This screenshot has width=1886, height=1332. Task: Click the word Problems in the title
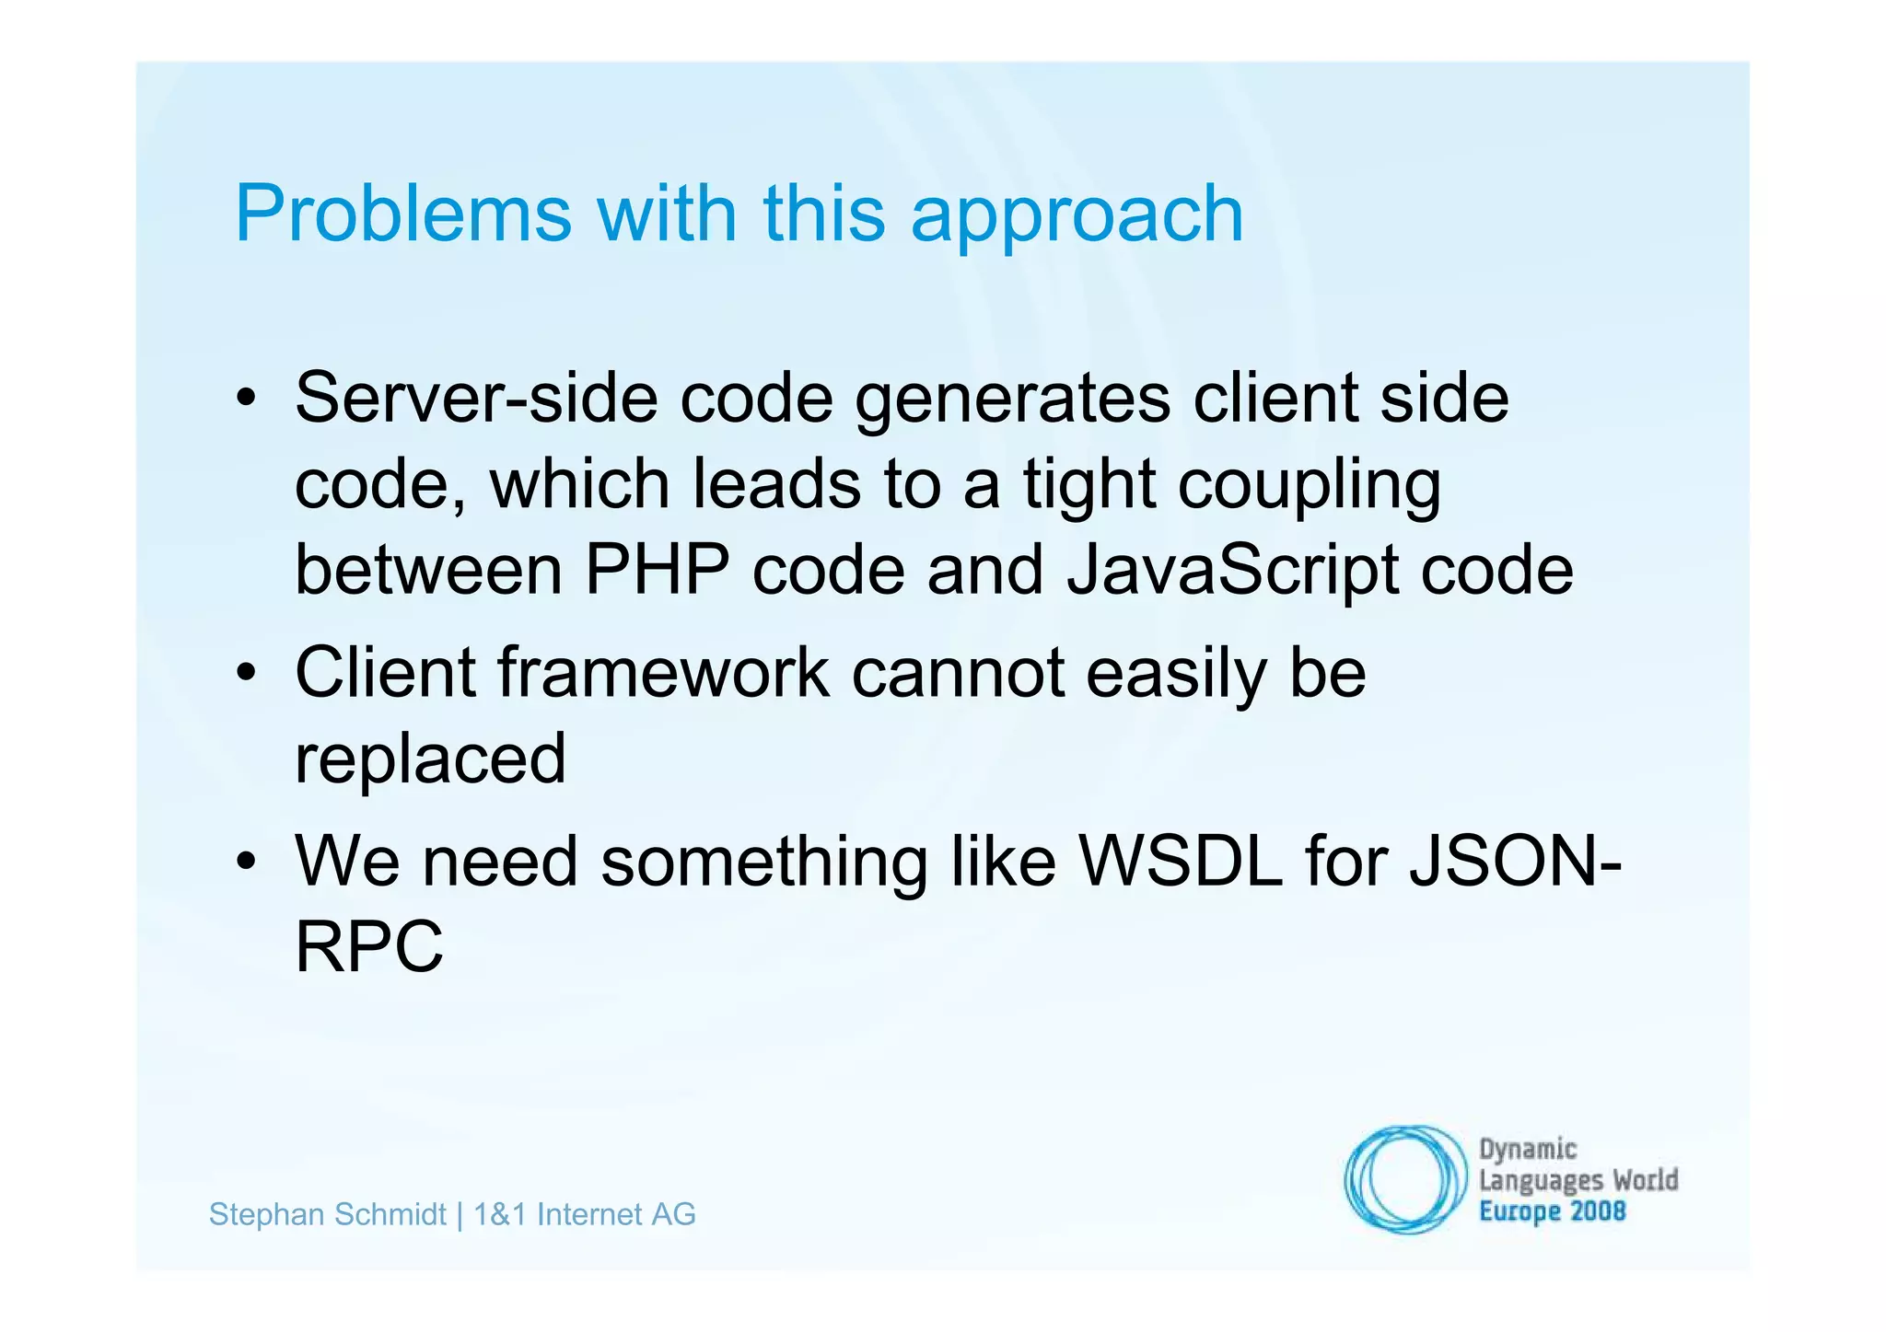tap(403, 214)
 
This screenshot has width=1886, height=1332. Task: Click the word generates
tap(1012, 400)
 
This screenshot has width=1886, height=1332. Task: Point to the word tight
tap(1089, 485)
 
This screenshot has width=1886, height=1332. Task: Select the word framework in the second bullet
tap(663, 672)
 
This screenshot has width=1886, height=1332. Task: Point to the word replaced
tap(430, 759)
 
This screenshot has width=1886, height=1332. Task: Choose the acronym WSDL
tap(1181, 862)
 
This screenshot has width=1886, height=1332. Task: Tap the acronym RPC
tap(369, 946)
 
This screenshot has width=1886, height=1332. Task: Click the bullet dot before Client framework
tap(245, 673)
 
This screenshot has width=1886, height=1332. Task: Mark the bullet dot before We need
tap(245, 862)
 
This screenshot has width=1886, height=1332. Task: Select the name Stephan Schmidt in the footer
tap(328, 1215)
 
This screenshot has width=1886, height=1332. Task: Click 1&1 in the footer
tap(500, 1215)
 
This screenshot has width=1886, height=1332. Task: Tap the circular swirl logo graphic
tap(1404, 1179)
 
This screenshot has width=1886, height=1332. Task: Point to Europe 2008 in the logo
tap(1552, 1211)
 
